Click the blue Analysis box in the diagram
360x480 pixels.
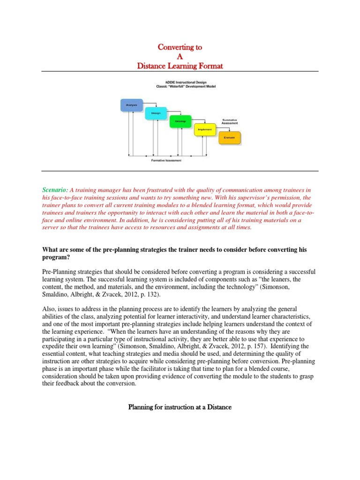click(132, 105)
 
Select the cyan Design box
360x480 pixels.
click(156, 113)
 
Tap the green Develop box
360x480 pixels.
click(180, 121)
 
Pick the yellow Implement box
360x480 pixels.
click(205, 129)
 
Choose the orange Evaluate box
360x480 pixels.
click(230, 138)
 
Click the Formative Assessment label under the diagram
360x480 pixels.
click(166, 161)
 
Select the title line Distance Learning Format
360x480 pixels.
click(180, 66)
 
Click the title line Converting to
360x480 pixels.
click(180, 47)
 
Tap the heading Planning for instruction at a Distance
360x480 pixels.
click(180, 407)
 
